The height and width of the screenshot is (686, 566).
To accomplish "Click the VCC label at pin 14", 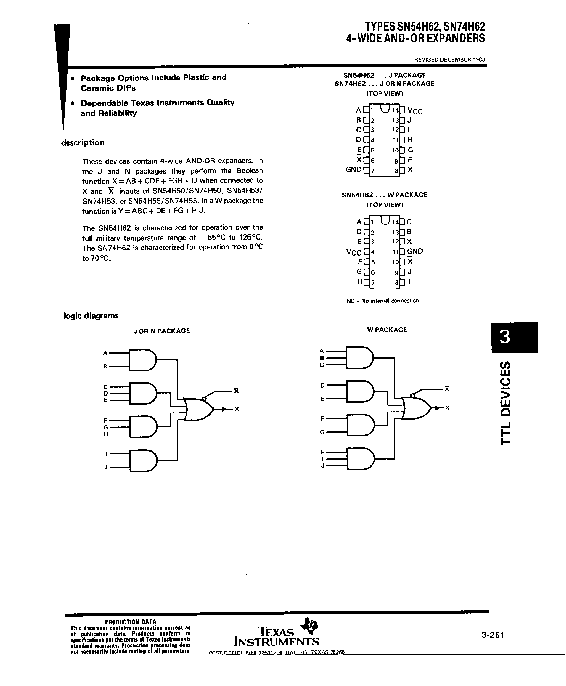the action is [415, 111].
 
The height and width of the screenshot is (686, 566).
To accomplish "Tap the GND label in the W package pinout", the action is [415, 251].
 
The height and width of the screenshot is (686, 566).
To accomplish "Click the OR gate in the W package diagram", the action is [416, 407].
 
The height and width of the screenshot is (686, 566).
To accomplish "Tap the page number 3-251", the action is [492, 635].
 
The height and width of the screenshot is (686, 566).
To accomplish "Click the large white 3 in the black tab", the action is [505, 337].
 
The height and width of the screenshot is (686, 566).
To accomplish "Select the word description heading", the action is [83, 142].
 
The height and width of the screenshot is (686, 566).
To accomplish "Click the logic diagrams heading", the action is [91, 316].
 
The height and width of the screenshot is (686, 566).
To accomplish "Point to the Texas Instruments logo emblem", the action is [309, 625].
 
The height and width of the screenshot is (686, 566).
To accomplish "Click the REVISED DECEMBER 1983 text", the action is [449, 60].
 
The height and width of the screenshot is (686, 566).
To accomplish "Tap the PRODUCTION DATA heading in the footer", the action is [131, 622].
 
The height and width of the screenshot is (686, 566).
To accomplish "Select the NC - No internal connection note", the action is [382, 301].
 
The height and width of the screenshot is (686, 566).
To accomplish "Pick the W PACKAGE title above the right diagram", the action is [387, 330].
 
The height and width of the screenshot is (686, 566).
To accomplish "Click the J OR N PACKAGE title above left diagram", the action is [162, 331].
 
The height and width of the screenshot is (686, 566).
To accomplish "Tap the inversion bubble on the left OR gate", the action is [204, 398].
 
